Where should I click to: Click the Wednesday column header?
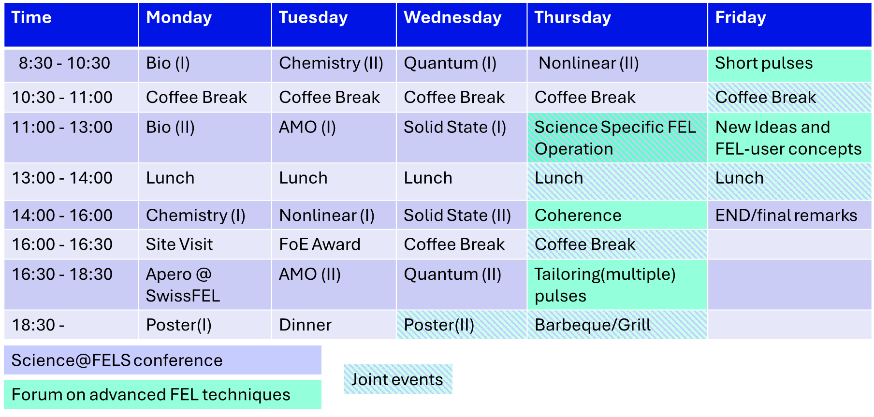point(461,25)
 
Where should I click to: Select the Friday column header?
point(789,25)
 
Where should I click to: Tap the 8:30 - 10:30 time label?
point(71,65)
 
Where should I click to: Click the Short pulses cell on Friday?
point(789,65)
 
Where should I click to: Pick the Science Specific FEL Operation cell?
point(617,138)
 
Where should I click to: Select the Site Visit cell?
point(205,244)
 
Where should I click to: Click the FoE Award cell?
point(334,244)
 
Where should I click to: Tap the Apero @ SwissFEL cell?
point(205,285)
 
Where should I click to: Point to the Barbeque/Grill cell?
point(617,325)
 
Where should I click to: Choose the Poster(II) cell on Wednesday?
point(461,325)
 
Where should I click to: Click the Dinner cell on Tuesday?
point(334,325)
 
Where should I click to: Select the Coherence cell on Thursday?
point(617,215)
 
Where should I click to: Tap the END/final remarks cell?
point(789,215)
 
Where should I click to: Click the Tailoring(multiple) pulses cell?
point(617,285)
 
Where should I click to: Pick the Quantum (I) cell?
point(461,65)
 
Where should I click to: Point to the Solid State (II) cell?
point(461,215)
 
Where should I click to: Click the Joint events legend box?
point(398,379)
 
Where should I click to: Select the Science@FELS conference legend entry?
point(162,360)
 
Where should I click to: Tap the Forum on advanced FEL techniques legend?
point(162,394)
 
